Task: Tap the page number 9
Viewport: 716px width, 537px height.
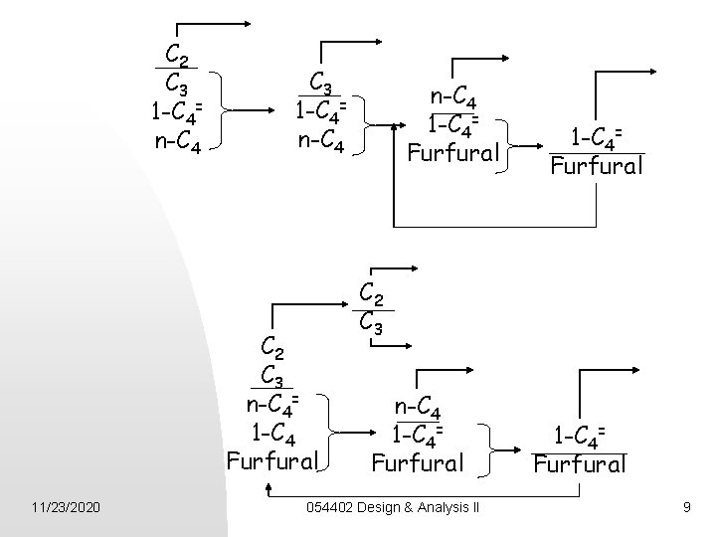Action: (x=686, y=508)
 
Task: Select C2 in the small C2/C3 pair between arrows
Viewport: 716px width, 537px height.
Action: (x=371, y=293)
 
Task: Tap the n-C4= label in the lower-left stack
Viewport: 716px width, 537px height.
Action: (x=272, y=405)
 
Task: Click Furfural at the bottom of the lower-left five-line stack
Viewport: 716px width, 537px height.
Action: (x=272, y=460)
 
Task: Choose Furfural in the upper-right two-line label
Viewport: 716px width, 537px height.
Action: (x=598, y=165)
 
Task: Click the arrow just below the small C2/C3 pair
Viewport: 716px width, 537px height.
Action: (x=397, y=346)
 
